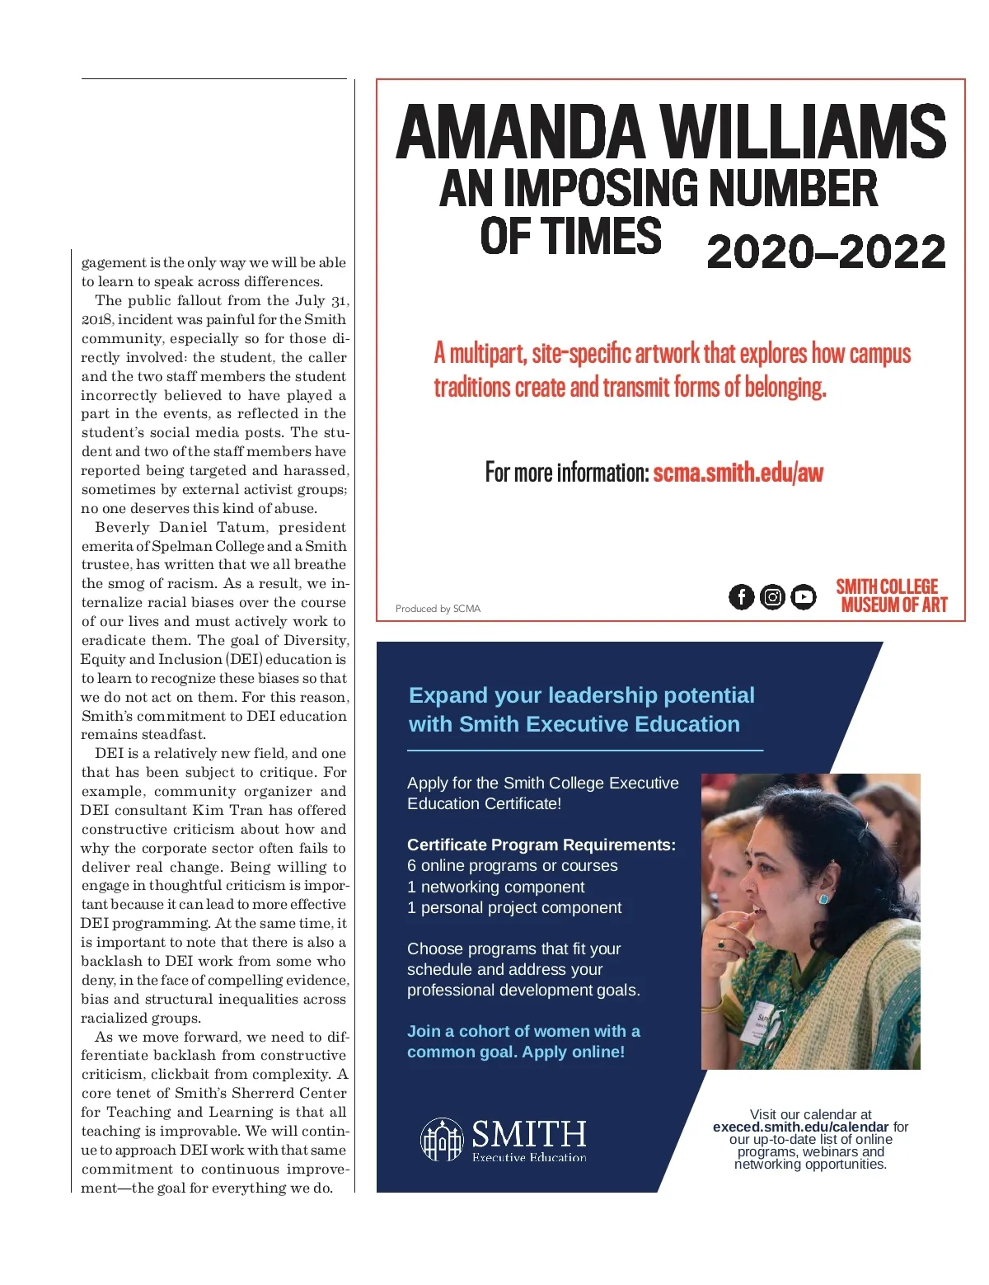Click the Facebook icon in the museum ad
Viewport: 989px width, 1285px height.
[x=741, y=596]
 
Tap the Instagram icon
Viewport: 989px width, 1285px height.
[x=772, y=596]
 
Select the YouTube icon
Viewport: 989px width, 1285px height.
[x=804, y=596]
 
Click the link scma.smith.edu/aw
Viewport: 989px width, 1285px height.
[x=738, y=473]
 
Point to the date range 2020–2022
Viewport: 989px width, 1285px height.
[x=826, y=252]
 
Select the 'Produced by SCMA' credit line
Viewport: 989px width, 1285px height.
[x=438, y=609]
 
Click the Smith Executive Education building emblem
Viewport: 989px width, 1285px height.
[x=443, y=1139]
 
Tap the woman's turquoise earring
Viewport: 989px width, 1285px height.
[x=823, y=897]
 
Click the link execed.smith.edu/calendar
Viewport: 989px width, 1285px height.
[x=800, y=1127]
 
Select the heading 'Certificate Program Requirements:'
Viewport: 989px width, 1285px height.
[x=541, y=845]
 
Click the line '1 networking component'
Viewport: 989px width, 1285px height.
[x=495, y=887]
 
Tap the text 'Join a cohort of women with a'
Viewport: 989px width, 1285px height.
[x=523, y=1031]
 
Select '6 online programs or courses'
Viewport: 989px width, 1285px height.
[x=512, y=865]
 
